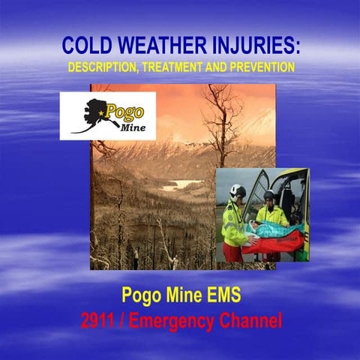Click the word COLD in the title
tap(85, 47)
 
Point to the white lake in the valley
tap(180, 184)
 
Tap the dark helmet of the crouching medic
tap(268, 196)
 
